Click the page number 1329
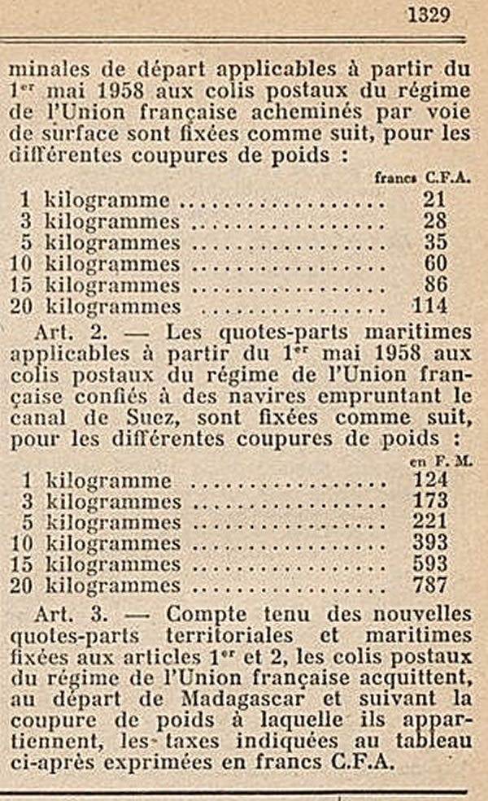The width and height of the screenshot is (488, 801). click(428, 16)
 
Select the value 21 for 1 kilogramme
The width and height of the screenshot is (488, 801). click(436, 200)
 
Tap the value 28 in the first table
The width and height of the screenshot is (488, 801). click(436, 221)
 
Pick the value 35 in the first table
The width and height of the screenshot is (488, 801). click(436, 242)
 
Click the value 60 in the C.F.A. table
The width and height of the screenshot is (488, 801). click(436, 263)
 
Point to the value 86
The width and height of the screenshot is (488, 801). click(436, 285)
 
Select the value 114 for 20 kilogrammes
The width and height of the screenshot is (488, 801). click(430, 306)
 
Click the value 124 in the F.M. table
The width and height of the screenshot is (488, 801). click(430, 480)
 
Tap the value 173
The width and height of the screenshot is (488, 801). click(430, 501)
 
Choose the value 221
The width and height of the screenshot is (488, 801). click(430, 522)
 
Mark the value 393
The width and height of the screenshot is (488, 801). click(430, 542)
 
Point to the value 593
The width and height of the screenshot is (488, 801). click(430, 564)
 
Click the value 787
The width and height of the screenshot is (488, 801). click(430, 585)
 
